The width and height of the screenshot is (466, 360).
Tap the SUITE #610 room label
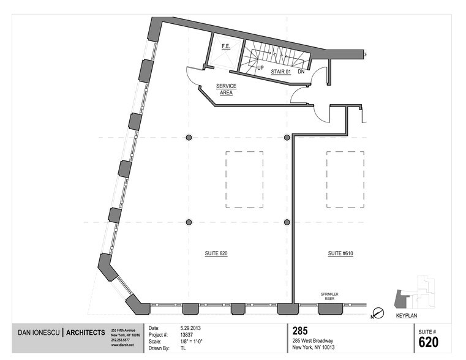click(x=341, y=253)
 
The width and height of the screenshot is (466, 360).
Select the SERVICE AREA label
click(x=226, y=90)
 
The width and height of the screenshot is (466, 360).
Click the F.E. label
click(x=225, y=46)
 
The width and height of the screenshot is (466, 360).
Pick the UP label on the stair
click(x=260, y=67)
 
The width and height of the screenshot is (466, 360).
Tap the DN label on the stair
click(x=301, y=72)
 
